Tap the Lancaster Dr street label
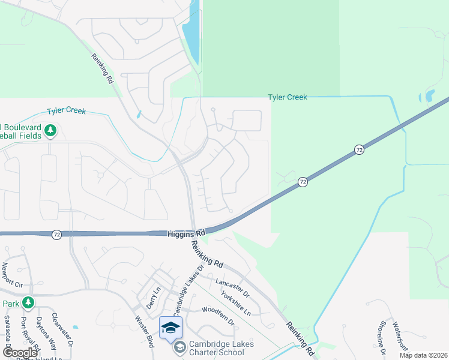(233, 286)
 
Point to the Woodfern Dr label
(218, 317)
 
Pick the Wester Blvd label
(144, 330)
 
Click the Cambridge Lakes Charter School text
(221, 348)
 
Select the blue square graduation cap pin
(170, 327)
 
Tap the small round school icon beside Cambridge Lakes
(179, 347)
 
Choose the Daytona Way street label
(44, 334)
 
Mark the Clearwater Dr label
(62, 330)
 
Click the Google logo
(20, 353)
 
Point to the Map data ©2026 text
(423, 355)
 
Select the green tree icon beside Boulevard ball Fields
(51, 130)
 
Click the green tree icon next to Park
(27, 302)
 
